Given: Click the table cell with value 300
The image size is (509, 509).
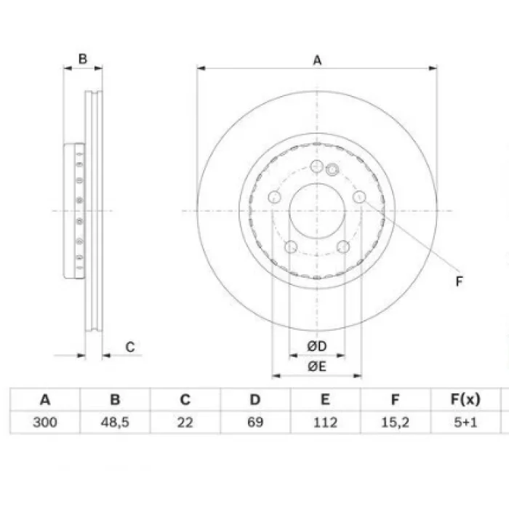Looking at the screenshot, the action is (x=45, y=422).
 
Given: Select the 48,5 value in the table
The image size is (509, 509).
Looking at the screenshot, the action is (x=115, y=422).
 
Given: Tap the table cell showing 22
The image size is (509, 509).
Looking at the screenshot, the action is (x=185, y=422).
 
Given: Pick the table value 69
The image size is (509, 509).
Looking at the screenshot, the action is (x=255, y=422).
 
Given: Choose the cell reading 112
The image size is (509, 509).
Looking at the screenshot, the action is (x=325, y=422).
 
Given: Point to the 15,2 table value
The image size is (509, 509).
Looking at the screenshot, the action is (x=395, y=422).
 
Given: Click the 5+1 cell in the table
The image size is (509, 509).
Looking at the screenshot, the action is (x=465, y=422).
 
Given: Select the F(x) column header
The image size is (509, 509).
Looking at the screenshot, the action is (x=465, y=399).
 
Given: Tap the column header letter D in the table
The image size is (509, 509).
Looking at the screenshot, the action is (x=255, y=399).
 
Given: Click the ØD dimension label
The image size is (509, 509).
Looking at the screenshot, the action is (x=317, y=346).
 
